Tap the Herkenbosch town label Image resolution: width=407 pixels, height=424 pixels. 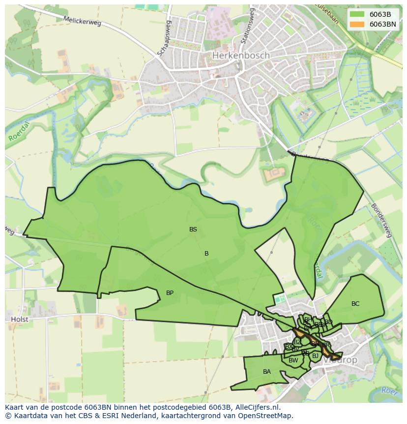pyautogui.click(x=241, y=56)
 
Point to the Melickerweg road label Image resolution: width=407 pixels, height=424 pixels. pyautogui.click(x=82, y=21)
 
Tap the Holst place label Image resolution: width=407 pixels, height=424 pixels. pyautogui.click(x=20, y=319)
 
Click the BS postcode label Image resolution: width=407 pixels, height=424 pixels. pyautogui.click(x=193, y=229)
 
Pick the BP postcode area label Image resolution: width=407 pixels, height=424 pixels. pyautogui.click(x=170, y=293)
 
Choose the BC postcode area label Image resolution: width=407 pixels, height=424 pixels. pyautogui.click(x=355, y=304)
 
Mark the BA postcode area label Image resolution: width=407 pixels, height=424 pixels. pyautogui.click(x=266, y=372)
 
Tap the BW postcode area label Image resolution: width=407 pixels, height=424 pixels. pyautogui.click(x=293, y=360)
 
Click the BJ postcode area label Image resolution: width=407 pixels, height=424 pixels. pyautogui.click(x=315, y=356)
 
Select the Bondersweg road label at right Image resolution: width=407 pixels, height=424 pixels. pyautogui.click(x=381, y=220)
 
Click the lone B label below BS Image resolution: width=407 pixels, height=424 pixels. pyautogui.click(x=206, y=254)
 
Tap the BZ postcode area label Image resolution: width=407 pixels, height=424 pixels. pyautogui.click(x=297, y=342)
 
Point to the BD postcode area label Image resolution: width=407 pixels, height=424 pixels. pyautogui.click(x=328, y=322)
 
